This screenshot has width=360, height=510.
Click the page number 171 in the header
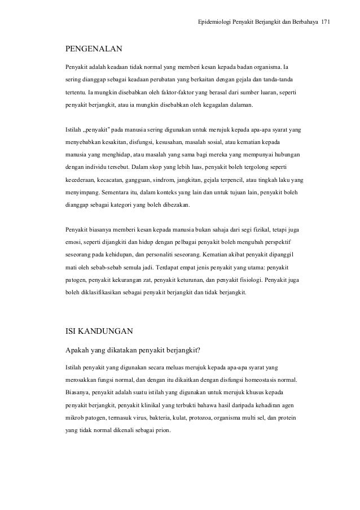click(x=326, y=22)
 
